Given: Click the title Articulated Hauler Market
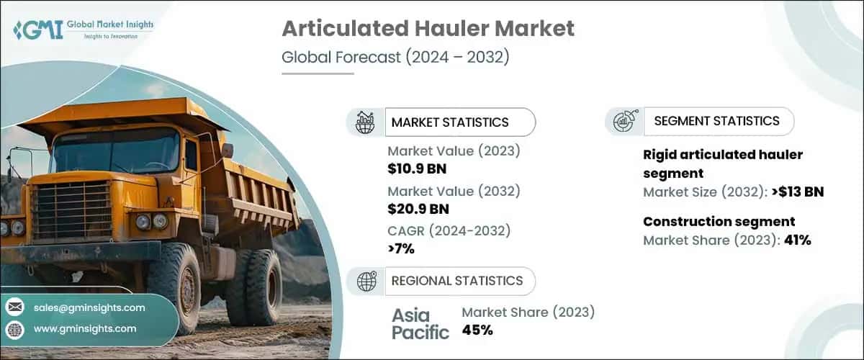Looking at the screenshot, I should pos(428,28).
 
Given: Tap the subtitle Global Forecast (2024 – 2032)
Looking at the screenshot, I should pos(395,58).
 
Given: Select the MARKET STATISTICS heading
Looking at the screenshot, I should pos(450,122).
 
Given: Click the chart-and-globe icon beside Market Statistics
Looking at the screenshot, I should pos(366,122).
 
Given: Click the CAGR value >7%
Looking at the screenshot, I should pos(401,248).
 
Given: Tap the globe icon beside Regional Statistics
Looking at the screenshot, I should pos(366,282).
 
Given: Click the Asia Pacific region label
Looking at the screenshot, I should pos(420,323).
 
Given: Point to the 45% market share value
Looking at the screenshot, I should pos(477,330).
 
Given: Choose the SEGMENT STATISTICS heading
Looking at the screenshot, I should pos(716,121).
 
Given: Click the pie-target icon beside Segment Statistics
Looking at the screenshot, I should pos(624,122).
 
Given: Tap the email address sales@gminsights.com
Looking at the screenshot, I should pos(89,307).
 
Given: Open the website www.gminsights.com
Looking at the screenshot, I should pos(85,328).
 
